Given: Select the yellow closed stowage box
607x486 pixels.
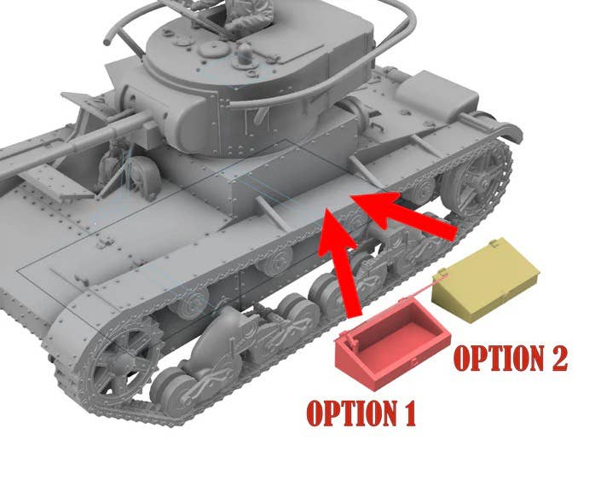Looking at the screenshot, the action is pos(487,280).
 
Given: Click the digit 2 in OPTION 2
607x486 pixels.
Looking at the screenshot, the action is pos(556,358).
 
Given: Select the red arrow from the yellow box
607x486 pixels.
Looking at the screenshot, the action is pos(402,214).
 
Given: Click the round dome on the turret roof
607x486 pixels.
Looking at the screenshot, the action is pos(211,49).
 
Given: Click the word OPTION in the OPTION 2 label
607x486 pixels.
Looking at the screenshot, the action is pos(496,358).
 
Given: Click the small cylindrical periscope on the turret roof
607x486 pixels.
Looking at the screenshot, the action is pos(245,54).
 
